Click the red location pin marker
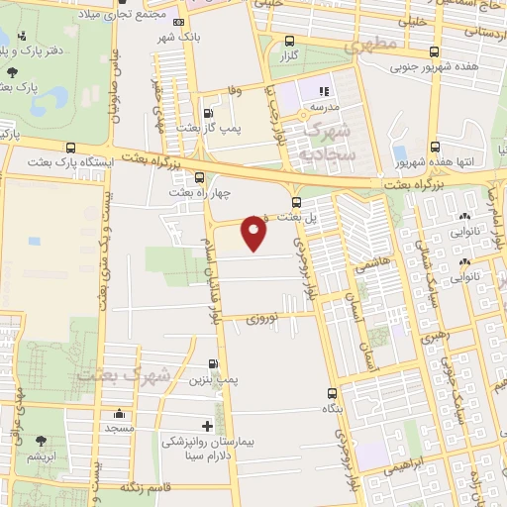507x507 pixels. pos(254,234)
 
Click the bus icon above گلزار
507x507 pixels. pos(289,42)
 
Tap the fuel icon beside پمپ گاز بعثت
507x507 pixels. pos(208,113)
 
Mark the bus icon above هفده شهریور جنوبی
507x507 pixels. pos(435,52)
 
